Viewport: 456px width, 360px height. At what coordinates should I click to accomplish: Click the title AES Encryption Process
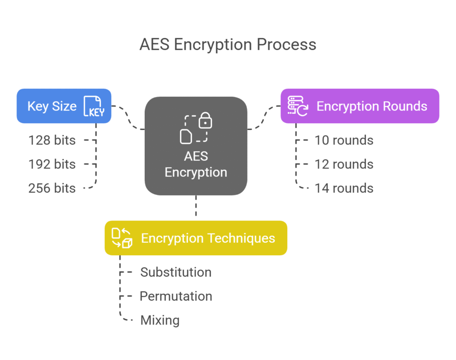tap(228, 45)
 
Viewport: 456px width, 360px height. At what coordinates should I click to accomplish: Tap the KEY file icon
tap(94, 106)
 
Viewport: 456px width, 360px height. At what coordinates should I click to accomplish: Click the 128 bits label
tap(52, 140)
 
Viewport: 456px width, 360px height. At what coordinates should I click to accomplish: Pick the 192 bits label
tap(52, 164)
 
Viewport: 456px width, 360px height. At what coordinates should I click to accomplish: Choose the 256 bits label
tap(52, 188)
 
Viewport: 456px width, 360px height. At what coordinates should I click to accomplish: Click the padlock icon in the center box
tap(205, 120)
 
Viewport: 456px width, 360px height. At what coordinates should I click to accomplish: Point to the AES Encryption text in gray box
tap(196, 164)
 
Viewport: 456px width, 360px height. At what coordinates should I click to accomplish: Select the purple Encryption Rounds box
tap(360, 106)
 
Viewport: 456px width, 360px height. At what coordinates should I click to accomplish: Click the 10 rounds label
tap(344, 140)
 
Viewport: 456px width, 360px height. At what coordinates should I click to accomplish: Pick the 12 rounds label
tap(344, 164)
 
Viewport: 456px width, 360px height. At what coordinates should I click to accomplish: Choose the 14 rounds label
tap(344, 188)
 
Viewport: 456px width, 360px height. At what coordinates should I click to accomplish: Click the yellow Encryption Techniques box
tap(196, 238)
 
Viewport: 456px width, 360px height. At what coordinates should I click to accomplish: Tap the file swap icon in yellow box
tap(122, 238)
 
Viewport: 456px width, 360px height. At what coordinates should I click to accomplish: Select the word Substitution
tap(176, 272)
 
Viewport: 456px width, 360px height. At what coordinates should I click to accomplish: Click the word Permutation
tap(176, 296)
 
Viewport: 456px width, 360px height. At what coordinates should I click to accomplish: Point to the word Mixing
tap(160, 320)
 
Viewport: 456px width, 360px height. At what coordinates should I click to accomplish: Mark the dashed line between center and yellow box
tap(196, 208)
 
